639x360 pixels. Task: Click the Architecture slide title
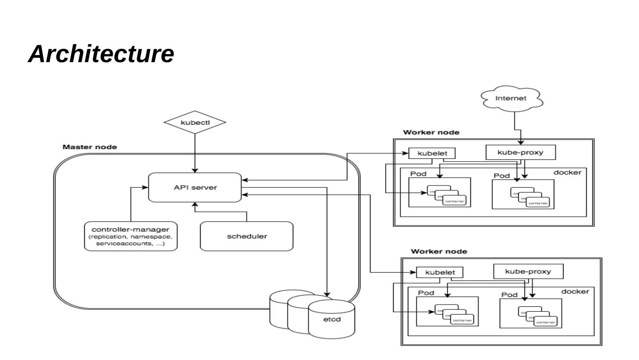pos(101,54)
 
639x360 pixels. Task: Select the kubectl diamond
pos(195,122)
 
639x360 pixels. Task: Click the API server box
pos(195,187)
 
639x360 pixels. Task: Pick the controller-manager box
pos(131,236)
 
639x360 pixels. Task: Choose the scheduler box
pos(247,236)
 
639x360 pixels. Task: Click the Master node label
pos(90,147)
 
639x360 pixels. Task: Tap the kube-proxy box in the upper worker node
pos(521,152)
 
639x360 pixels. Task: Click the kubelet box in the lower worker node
pos(438,272)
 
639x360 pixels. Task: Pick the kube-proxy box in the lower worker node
pos(528,271)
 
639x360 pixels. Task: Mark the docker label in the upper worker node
pos(567,172)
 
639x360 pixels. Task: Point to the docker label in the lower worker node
pos(575,292)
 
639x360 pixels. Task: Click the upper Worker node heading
pos(431,132)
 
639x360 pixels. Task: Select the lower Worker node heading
pos(438,251)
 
